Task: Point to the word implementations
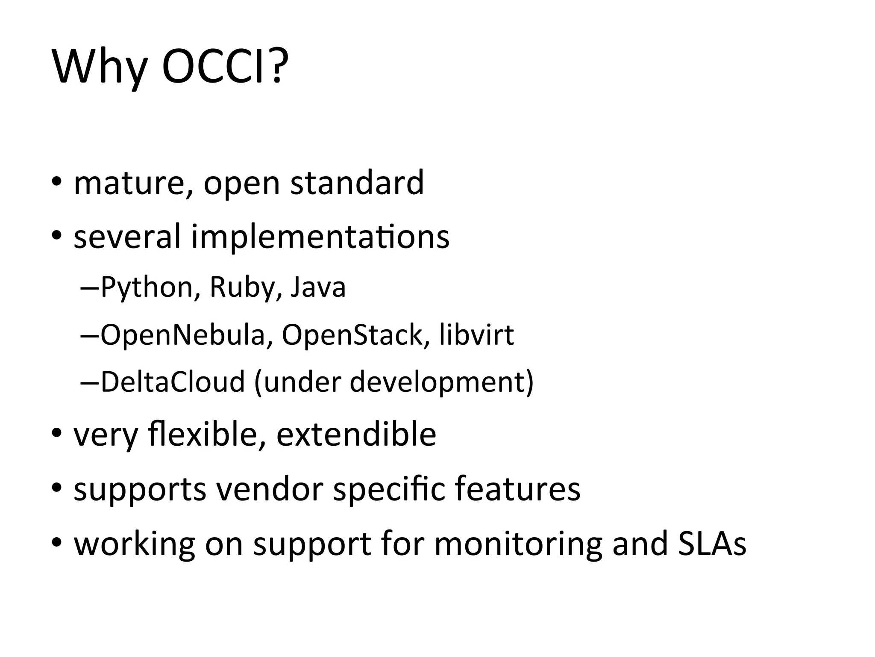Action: (320, 237)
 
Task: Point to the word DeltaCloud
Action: (173, 382)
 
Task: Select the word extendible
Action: (356, 434)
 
